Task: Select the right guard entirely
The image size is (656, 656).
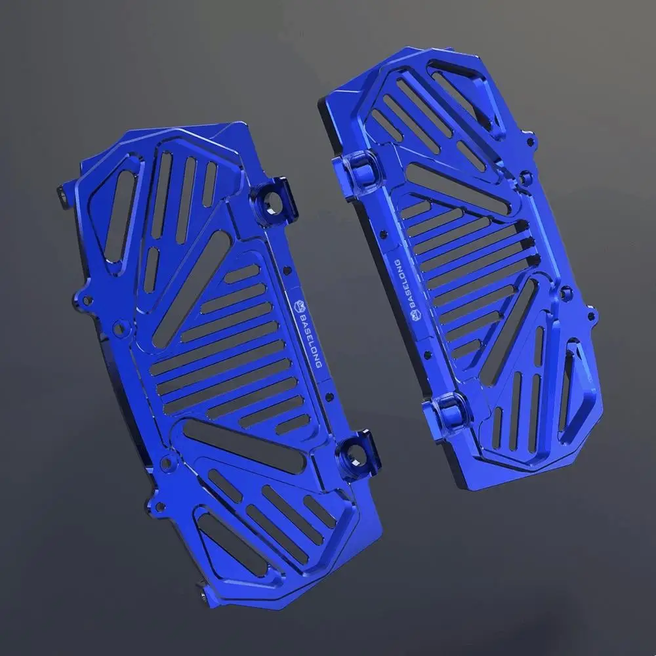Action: [459, 262]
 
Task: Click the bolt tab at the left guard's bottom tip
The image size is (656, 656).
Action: [209, 594]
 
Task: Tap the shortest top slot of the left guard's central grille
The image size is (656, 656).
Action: [242, 273]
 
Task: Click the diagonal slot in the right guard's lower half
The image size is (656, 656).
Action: [511, 331]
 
